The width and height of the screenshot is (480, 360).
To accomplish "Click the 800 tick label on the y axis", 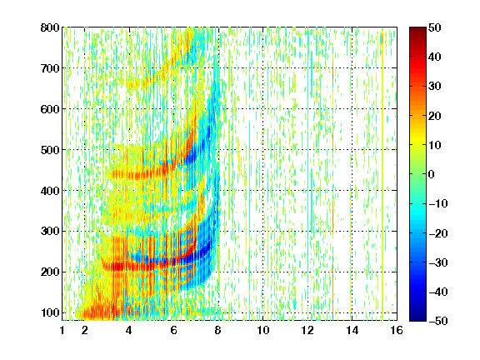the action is tap(50, 27).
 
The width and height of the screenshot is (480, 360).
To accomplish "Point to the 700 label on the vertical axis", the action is tap(50, 68).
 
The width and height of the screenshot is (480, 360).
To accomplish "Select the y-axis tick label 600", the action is tap(50, 109).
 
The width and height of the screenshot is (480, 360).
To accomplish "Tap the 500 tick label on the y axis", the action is tap(50, 150).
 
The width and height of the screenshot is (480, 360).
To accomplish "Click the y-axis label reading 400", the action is tap(50, 191).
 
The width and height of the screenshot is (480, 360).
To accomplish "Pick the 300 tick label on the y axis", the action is tap(50, 231).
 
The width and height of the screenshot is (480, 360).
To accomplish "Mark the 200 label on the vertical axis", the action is tap(50, 272).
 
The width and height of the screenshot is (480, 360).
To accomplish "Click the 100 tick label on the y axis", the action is tap(50, 312).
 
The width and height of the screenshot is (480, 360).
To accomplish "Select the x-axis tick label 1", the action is tap(62, 330).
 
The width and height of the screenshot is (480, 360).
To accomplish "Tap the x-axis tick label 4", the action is tap(129, 330).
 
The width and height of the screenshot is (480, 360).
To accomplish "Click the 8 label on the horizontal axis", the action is tap(218, 330).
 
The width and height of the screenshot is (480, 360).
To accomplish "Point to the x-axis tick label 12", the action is tap(307, 330).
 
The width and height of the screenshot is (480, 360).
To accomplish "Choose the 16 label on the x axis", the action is tap(397, 330).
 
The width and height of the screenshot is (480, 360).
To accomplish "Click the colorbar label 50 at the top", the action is tap(435, 27).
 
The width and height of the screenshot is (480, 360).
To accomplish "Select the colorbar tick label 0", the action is tap(432, 174).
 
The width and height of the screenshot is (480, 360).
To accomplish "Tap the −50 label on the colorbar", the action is tap(438, 321).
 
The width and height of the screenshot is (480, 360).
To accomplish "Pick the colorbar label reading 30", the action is tap(435, 86).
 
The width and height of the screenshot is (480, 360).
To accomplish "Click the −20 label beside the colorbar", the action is tap(438, 233).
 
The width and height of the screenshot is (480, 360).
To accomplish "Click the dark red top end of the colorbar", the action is tap(417, 29).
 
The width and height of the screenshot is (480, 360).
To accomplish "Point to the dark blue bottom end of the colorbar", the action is tap(417, 319).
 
